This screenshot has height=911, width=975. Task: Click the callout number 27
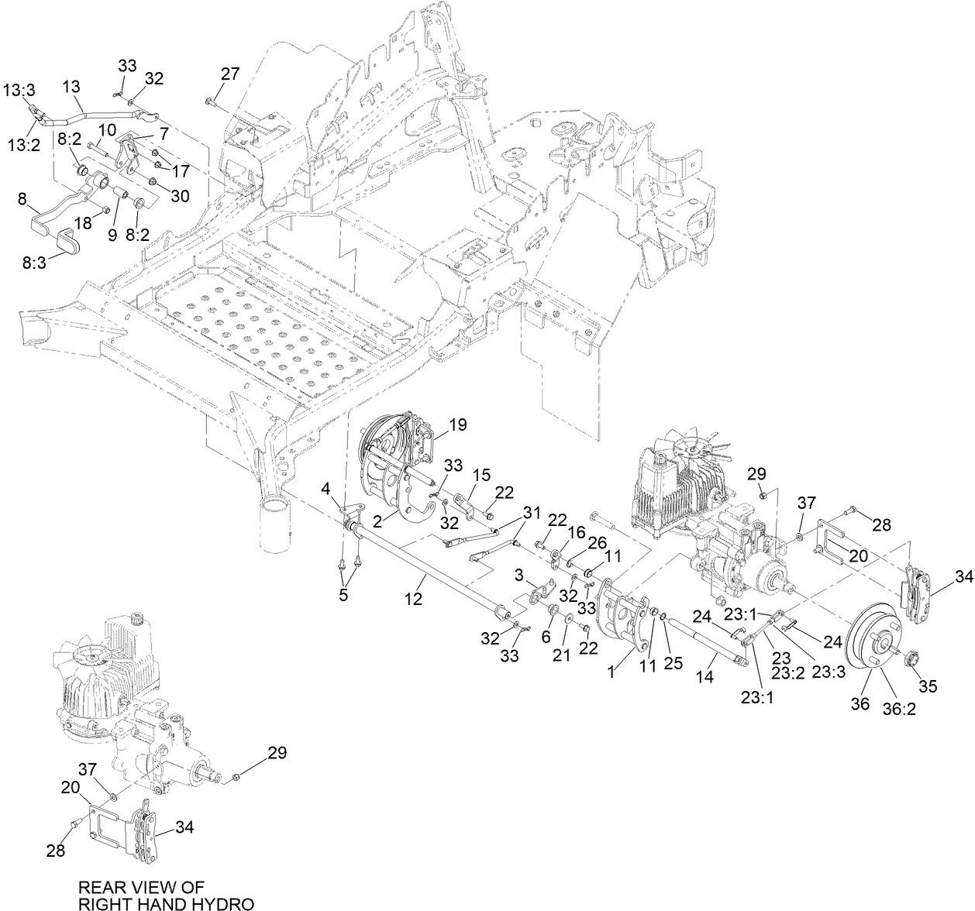tap(230, 74)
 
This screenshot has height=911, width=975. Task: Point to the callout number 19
tap(457, 425)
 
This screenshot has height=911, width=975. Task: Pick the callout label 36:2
tap(899, 707)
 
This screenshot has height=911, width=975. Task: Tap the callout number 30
tap(179, 197)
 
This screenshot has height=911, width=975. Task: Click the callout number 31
tap(531, 513)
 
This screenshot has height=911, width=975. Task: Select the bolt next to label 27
tap(210, 101)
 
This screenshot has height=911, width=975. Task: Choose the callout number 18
tap(82, 222)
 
